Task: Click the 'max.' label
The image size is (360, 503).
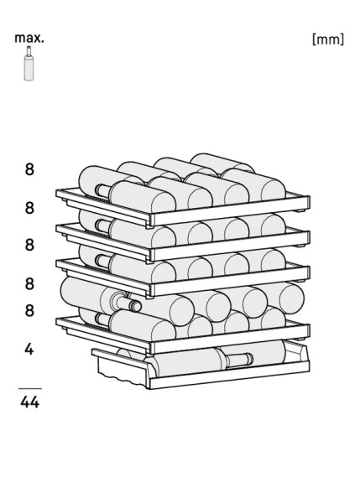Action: pos(29,39)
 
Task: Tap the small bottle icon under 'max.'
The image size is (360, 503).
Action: pos(29,63)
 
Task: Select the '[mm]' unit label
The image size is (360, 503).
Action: pos(328,39)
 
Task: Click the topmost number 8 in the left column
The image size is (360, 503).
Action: pos(29,169)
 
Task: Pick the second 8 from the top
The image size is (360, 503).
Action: pos(29,208)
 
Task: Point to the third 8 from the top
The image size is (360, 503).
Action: pos(29,245)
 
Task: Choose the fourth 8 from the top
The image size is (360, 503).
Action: pos(29,284)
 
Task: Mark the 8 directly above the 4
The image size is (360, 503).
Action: pos(29,310)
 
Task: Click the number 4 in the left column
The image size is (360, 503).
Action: pos(29,349)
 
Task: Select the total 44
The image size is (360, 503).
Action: pos(30,402)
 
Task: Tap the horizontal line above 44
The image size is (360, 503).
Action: pos(30,388)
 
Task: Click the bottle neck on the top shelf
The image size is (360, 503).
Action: pos(102,191)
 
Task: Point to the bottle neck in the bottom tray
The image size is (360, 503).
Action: pos(239,359)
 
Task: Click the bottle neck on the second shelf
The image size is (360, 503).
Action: pos(102,226)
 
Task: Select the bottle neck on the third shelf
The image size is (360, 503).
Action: pos(102,261)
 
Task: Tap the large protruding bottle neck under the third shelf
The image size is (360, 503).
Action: pos(128,303)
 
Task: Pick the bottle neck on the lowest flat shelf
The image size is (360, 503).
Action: pos(102,319)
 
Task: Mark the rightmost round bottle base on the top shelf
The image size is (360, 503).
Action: pos(274,190)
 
